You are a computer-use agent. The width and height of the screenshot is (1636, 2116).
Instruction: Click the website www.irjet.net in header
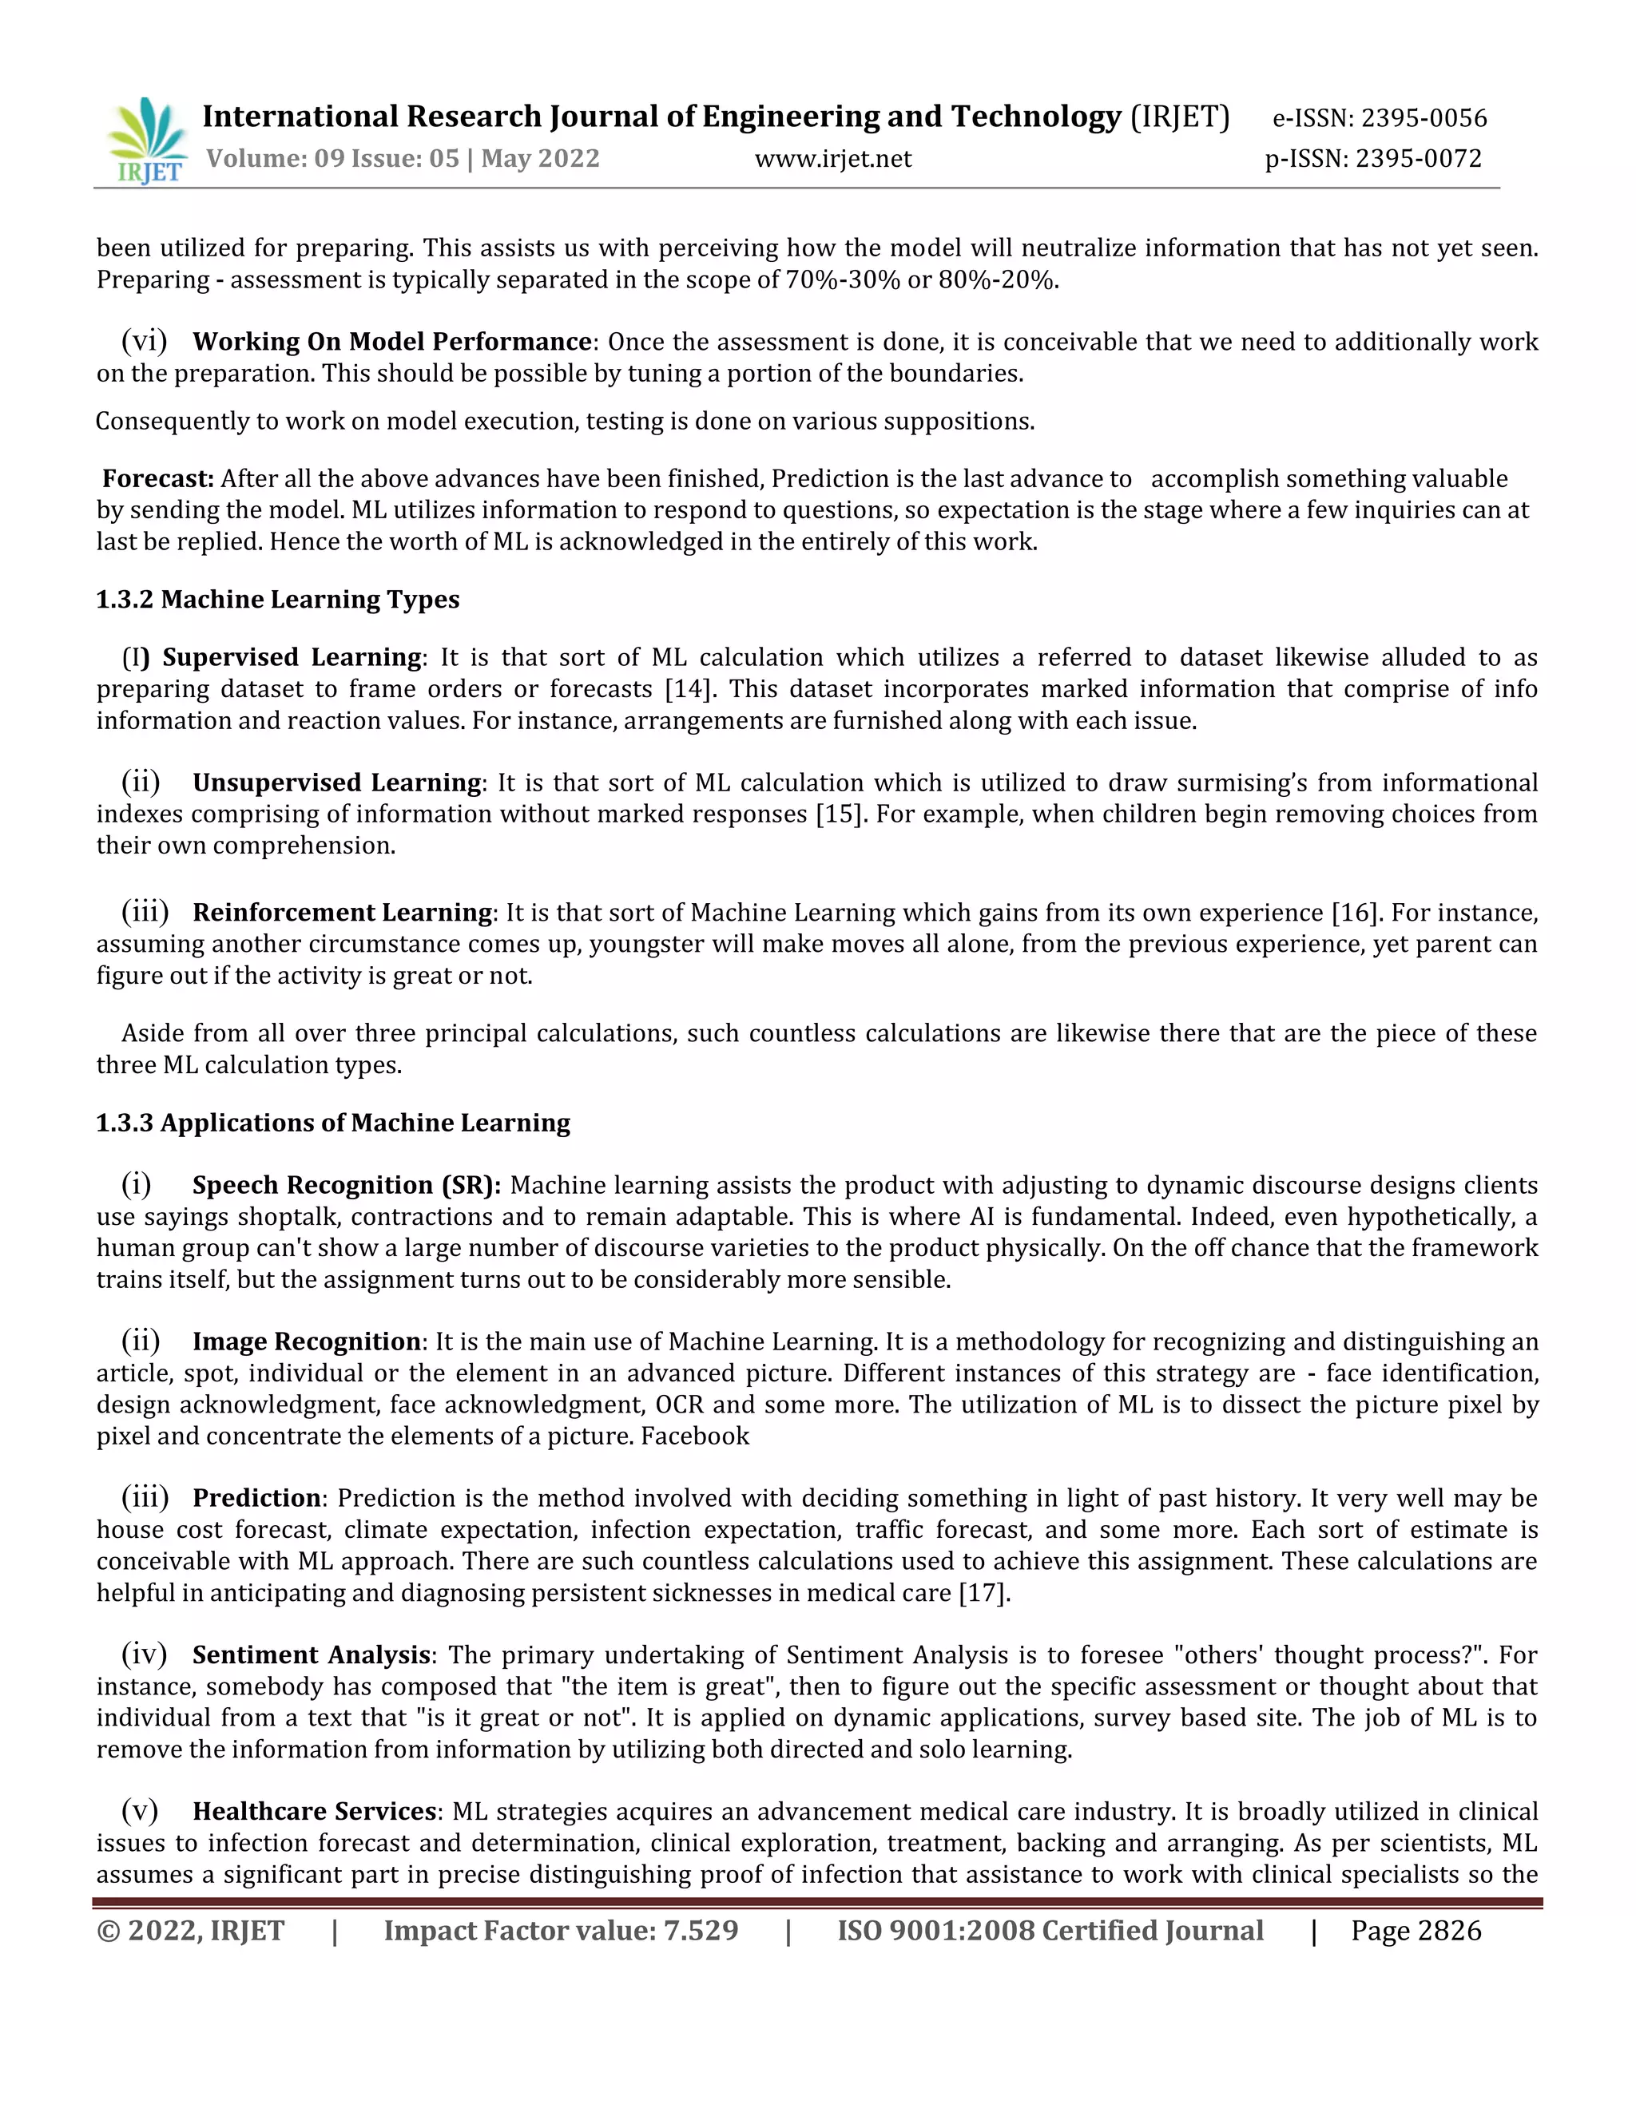[x=832, y=158]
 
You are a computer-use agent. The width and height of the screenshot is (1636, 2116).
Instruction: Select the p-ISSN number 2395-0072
[x=1418, y=158]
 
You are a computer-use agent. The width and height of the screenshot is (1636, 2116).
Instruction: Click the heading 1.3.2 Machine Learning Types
[x=277, y=600]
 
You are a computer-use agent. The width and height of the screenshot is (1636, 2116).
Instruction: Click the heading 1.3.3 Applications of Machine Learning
[x=332, y=1123]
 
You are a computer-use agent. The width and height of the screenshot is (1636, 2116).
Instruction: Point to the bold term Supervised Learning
[x=291, y=657]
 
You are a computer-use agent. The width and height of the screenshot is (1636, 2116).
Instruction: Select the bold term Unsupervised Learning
[x=336, y=782]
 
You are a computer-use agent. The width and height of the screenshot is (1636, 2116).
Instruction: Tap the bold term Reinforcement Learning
[x=342, y=913]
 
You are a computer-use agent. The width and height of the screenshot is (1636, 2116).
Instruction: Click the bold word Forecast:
[x=158, y=478]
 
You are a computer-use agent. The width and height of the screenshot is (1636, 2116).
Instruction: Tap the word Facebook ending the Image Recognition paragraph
[x=695, y=1436]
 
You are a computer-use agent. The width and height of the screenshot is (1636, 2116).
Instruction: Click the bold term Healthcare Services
[x=314, y=1812]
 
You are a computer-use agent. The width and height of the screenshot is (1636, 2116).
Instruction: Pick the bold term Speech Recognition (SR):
[x=346, y=1185]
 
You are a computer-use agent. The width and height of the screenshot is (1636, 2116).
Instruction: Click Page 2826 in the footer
[x=1415, y=1931]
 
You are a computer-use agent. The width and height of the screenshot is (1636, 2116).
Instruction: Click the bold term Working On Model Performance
[x=391, y=341]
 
